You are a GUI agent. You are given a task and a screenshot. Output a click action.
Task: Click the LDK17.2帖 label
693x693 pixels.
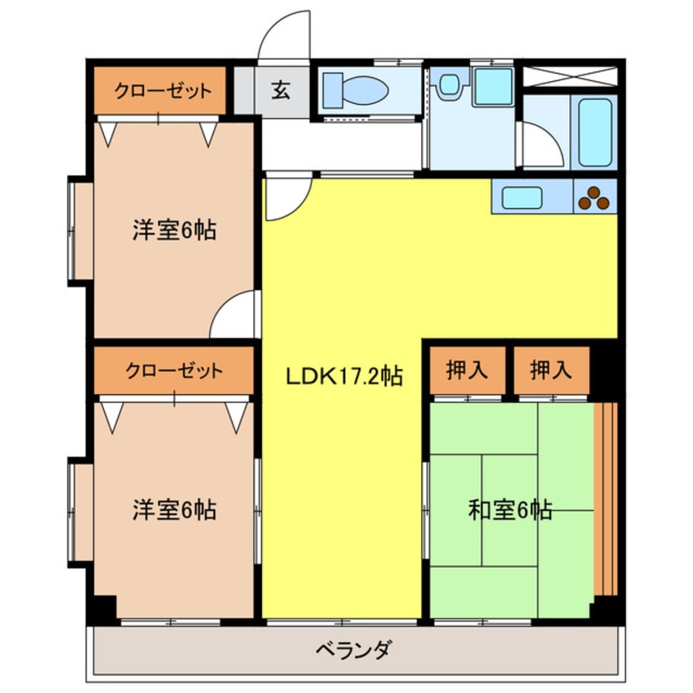[343, 377]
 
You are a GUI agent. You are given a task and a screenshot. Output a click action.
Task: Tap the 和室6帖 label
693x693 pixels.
[510, 510]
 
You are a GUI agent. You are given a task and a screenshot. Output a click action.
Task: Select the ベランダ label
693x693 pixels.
[353, 651]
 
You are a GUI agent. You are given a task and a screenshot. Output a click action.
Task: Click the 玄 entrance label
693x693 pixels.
[281, 90]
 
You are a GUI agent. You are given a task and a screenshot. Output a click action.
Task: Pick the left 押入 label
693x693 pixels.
[466, 370]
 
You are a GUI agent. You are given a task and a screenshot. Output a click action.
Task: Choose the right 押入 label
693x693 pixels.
[550, 370]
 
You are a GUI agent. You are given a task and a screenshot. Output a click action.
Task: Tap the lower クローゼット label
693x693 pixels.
[174, 370]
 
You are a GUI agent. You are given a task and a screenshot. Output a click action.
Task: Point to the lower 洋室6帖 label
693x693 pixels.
[174, 510]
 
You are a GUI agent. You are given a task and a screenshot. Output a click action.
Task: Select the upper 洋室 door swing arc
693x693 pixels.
[233, 315]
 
